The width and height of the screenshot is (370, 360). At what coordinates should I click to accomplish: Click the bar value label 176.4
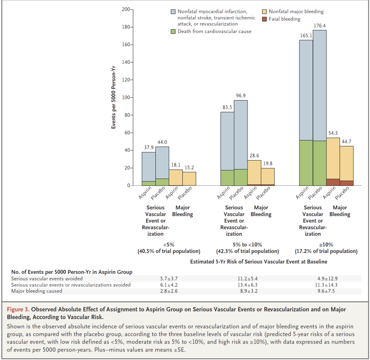(319, 26)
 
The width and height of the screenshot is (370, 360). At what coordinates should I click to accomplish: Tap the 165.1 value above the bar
(306, 36)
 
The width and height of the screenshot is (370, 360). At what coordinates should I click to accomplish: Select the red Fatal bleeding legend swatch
(264, 19)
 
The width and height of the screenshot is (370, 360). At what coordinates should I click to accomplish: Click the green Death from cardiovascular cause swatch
(173, 31)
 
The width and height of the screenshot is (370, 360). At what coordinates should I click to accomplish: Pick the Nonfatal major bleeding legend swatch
(264, 12)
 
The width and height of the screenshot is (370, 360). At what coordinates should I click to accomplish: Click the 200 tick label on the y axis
(126, 9)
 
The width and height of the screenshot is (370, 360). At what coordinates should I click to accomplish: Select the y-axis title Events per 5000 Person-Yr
(113, 97)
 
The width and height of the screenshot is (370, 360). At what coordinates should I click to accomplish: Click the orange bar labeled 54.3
(333, 158)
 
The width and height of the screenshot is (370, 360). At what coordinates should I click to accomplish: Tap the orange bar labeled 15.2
(189, 179)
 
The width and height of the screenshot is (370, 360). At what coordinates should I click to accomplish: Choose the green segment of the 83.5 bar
(227, 178)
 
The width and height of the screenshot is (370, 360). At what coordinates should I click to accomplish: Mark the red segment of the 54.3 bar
(333, 182)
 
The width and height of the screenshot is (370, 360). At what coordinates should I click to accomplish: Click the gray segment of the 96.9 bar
(241, 135)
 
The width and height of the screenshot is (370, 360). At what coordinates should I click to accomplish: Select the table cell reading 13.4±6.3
(248, 285)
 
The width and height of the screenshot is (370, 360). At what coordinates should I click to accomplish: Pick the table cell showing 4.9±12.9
(326, 278)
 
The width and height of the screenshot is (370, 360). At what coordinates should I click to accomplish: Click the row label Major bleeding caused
(37, 291)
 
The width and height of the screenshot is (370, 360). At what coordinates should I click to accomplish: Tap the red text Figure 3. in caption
(18, 309)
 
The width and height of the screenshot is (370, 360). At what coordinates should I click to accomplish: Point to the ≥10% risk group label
(326, 245)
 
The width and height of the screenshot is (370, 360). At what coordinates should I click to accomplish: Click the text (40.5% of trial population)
(169, 251)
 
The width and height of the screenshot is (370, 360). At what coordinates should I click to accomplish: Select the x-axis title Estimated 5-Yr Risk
(259, 262)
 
